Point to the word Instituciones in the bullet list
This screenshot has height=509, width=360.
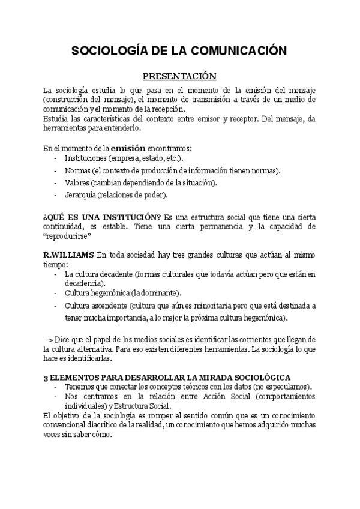(x=87, y=158)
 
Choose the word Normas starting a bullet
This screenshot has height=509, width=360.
(x=77, y=170)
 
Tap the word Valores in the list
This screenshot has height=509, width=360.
(x=78, y=182)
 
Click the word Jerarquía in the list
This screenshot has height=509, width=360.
(x=83, y=195)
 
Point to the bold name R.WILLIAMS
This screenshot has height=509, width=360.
(x=68, y=255)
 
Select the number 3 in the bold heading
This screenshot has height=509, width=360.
(x=46, y=377)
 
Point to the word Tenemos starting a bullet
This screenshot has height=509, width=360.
(x=80, y=387)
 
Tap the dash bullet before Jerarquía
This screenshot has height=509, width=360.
(x=55, y=195)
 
